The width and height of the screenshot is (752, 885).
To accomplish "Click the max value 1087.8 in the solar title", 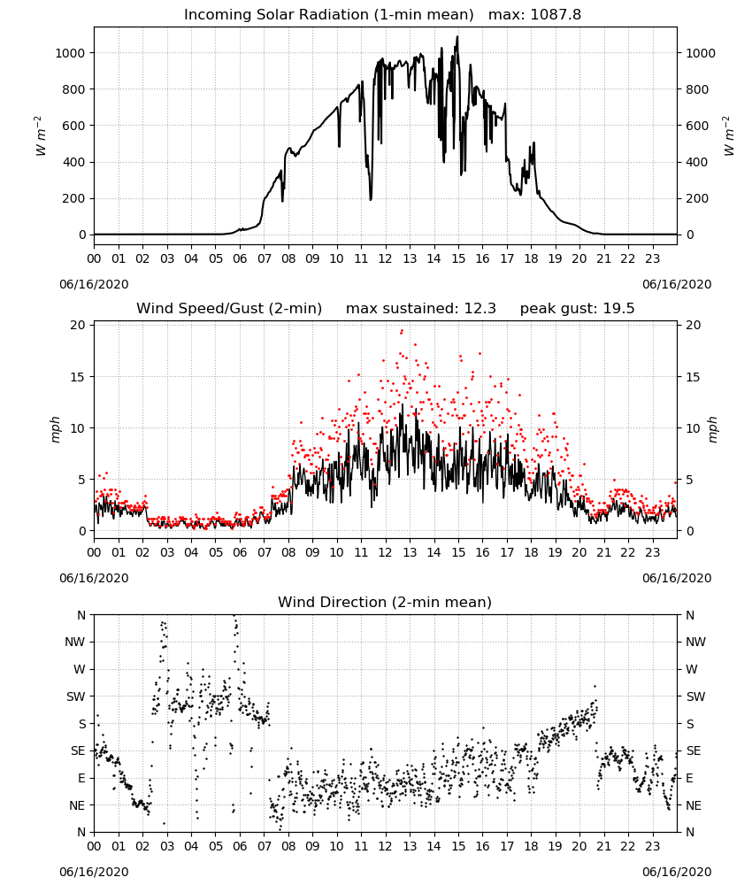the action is (556, 15).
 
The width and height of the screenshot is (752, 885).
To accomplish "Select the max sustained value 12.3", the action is (480, 309).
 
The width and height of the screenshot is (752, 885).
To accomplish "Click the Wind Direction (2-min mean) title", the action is (385, 602).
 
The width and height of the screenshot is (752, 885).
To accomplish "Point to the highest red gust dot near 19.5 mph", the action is (402, 331).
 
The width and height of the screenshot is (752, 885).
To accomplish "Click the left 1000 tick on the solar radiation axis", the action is (70, 53).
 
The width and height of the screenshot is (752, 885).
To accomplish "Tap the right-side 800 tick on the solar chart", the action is (697, 89).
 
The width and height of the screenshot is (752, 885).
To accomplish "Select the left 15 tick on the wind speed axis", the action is (78, 377).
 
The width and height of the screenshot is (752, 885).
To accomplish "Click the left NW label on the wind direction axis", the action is (75, 643).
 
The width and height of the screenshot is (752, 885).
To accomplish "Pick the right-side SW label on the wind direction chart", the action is (695, 696).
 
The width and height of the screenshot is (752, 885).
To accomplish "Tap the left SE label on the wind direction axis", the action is (77, 750).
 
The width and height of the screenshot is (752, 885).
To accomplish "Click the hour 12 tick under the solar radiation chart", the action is (386, 258).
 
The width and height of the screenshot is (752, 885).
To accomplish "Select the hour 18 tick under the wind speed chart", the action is (531, 552).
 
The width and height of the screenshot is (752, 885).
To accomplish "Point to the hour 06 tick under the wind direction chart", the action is (240, 847).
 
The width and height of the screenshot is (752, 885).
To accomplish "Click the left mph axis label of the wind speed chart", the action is (55, 429).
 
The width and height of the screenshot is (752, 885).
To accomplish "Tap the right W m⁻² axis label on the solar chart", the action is (728, 136).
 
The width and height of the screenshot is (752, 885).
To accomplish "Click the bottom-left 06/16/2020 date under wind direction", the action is (94, 872).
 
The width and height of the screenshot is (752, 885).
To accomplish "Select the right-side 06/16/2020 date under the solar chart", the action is (677, 284).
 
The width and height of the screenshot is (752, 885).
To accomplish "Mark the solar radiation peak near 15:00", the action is (457, 36).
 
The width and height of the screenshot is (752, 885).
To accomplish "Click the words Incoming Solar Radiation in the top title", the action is (277, 15).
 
